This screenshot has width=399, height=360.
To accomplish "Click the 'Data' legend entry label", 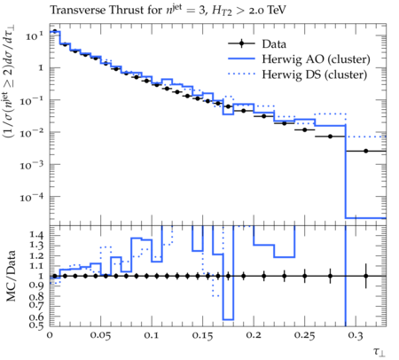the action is (274, 44).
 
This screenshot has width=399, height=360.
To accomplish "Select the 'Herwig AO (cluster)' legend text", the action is (316, 59).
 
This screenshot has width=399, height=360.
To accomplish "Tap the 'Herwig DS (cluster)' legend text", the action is (315, 74).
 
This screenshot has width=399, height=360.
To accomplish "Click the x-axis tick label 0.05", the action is (100, 335).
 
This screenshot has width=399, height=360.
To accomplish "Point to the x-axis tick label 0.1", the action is (152, 335).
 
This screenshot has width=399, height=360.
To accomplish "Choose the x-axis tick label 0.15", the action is (202, 335).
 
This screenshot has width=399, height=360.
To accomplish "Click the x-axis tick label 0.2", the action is (254, 335).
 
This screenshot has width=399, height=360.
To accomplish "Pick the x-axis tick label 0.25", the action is (304, 335).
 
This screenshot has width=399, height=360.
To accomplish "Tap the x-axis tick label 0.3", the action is (356, 335).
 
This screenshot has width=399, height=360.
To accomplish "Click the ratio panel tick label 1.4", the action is (36, 236).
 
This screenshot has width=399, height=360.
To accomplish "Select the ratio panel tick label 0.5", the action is (36, 325).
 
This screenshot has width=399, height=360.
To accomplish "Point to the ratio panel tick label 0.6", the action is (36, 317).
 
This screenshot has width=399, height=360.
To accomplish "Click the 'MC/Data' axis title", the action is (12, 276).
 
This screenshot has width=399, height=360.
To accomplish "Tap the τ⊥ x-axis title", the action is (379, 352).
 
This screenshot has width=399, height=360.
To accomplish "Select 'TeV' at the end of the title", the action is (277, 10).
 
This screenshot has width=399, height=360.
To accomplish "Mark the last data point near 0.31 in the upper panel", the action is (366, 151).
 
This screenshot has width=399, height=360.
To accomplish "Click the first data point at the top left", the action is (55, 31).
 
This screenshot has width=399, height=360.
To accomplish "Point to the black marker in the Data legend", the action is (241, 43).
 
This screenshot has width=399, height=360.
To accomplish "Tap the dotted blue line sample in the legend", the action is (241, 74).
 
